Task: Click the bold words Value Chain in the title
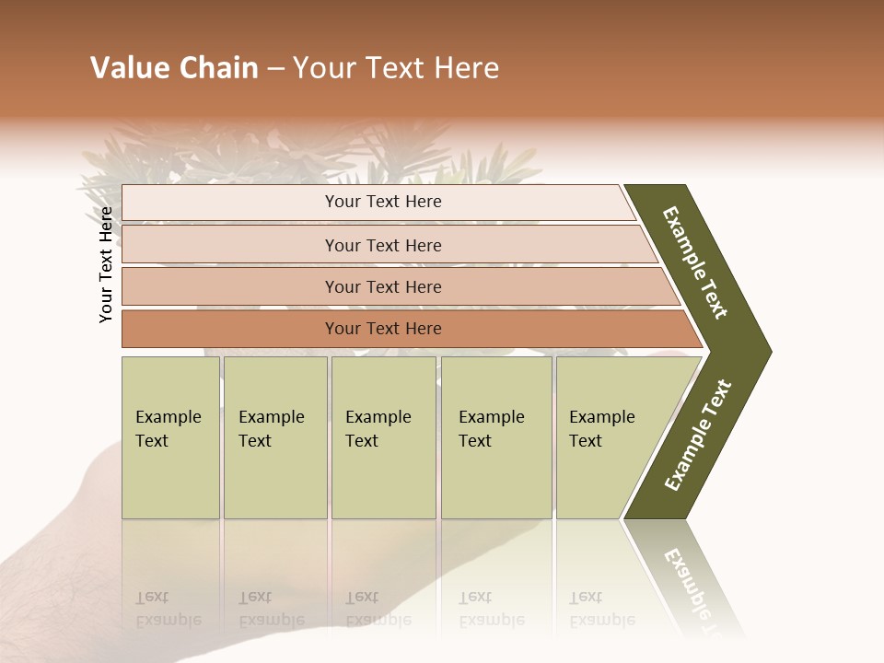click(174, 68)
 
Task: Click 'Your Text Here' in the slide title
click(396, 68)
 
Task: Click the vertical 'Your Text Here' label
click(106, 264)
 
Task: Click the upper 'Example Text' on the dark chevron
click(695, 262)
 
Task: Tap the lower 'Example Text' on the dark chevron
click(698, 436)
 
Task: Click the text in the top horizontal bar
click(383, 202)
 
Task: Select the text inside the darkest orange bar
click(383, 329)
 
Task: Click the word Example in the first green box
click(168, 417)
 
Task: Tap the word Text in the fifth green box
click(585, 441)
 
